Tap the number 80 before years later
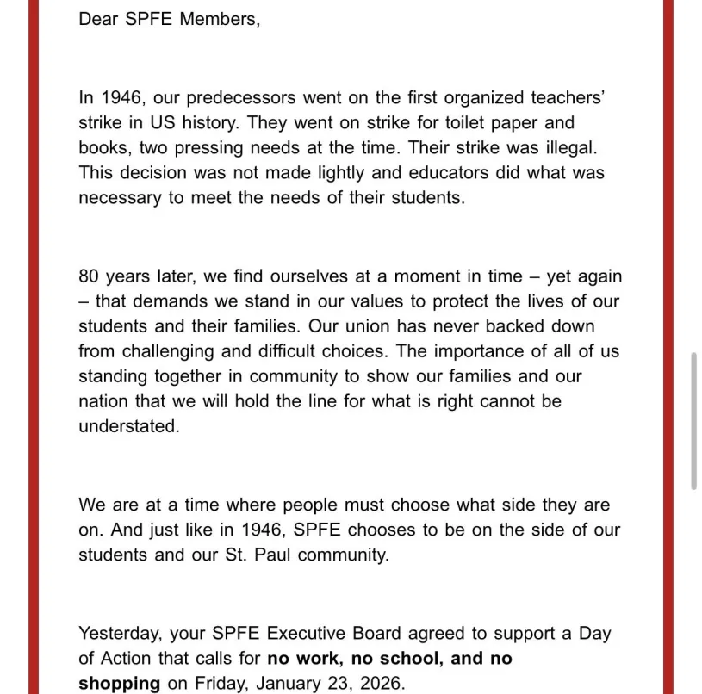tap(89, 277)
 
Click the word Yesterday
tap(120, 635)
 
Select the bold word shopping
tap(119, 685)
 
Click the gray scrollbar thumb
tap(693, 421)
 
